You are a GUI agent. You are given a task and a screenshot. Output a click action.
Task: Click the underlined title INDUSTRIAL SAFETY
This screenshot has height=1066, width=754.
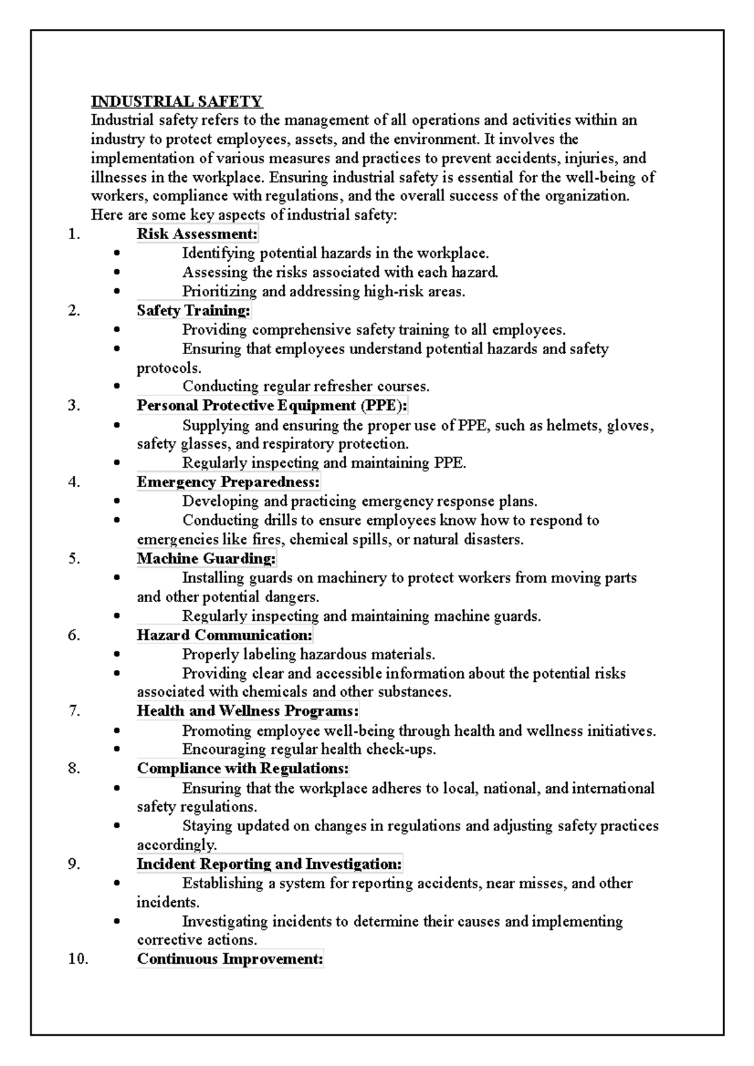[177, 101]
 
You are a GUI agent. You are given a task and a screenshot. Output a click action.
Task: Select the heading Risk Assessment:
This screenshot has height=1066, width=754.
[197, 234]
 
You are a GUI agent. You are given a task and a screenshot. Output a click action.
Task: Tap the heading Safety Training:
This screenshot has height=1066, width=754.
[194, 311]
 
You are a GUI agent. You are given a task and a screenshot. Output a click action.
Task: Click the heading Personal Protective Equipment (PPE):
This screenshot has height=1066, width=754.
[272, 406]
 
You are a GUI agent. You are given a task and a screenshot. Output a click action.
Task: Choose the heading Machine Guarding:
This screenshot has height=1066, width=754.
[207, 559]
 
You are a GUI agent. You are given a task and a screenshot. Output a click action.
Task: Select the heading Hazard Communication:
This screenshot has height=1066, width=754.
[224, 635]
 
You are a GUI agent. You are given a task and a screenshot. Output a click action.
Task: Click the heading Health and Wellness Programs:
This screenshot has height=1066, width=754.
[248, 711]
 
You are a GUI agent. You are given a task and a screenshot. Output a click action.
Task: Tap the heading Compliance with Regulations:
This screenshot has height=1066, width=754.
[243, 768]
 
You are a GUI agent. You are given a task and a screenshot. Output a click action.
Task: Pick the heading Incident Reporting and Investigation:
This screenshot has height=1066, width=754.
[270, 864]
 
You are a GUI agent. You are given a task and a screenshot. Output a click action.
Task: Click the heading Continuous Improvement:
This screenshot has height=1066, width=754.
[230, 959]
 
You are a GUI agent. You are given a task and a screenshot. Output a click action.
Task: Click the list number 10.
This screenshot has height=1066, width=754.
[77, 959]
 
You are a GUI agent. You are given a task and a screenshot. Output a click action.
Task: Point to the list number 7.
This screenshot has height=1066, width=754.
[74, 711]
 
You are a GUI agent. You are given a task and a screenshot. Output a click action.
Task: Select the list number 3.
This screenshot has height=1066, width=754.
[74, 406]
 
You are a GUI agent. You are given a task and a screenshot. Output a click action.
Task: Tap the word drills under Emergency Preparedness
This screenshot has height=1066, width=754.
[279, 520]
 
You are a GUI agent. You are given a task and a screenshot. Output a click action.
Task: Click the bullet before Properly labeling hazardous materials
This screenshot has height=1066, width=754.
[117, 655]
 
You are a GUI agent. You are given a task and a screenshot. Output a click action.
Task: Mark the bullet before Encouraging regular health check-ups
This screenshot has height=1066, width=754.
[117, 750]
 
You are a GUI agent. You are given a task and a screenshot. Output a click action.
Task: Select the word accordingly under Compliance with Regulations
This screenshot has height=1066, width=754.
[177, 845]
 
